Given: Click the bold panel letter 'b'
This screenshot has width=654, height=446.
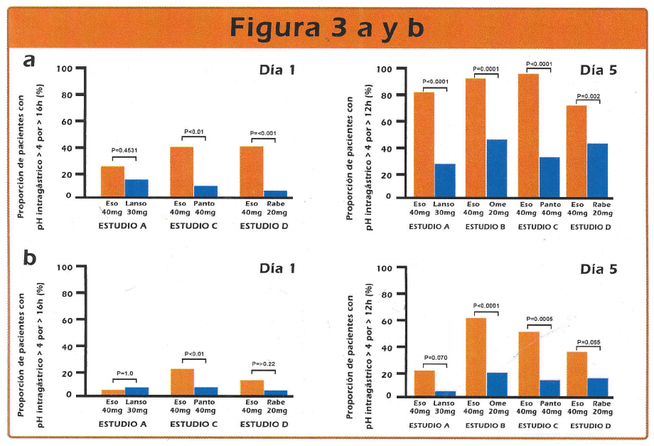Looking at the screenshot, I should tap(30, 257).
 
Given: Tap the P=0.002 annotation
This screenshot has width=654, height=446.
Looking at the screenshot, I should tap(588, 96).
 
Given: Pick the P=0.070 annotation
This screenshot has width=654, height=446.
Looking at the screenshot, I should tap(436, 357).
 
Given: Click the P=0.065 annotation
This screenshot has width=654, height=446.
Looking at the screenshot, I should tap(588, 342).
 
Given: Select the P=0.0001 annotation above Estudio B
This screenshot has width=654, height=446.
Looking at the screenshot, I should tap(486, 69).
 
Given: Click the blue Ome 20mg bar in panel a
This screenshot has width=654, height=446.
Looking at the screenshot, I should tap(496, 168).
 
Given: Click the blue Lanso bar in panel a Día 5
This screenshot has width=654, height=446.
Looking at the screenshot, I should tap(445, 180).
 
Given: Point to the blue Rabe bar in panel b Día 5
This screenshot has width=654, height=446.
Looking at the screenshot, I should tap(597, 386).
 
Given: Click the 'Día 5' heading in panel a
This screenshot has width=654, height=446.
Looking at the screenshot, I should tap(598, 70).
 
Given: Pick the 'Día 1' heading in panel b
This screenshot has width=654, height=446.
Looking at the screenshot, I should tap(277, 269).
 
